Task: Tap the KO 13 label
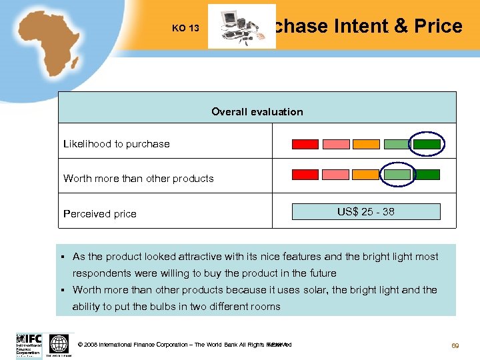pos(185,28)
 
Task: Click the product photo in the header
pos(241,27)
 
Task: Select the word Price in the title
pos(438,26)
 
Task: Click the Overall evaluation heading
pos(257,112)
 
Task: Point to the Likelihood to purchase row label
pos(117,144)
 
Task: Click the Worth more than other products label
pos(139,179)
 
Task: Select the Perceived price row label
pos(100,214)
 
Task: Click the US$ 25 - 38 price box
pos(365,212)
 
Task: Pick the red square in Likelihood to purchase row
pos(305,144)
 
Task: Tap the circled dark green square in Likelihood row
pos(427,144)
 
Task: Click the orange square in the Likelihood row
pos(366,144)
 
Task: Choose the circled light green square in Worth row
pos(397,175)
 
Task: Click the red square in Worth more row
pos(305,175)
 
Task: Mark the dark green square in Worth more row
pos(427,175)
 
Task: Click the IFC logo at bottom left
pos(29,344)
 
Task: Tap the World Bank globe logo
pos(59,344)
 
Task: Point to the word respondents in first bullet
pos(101,273)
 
